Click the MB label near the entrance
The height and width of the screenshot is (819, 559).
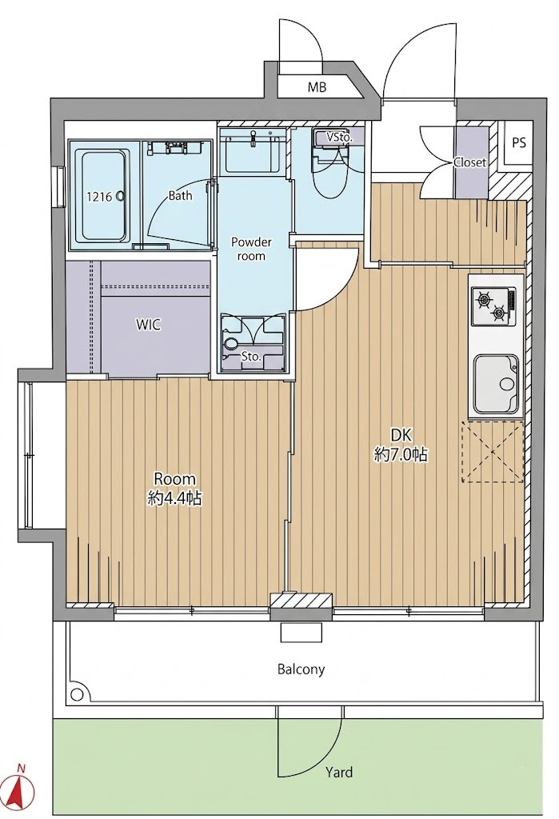[317, 87]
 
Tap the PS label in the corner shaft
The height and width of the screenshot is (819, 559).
[519, 142]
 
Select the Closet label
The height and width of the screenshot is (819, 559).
[469, 162]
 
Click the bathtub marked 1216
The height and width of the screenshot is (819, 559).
[103, 197]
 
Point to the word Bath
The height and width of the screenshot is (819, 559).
[180, 196]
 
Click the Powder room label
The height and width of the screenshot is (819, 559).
[251, 250]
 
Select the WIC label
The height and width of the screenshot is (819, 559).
[149, 325]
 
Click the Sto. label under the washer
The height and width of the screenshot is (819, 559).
[251, 358]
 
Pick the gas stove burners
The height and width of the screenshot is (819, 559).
[492, 306]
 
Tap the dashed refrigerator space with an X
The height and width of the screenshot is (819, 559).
[492, 452]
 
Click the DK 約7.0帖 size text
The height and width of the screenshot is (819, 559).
[401, 445]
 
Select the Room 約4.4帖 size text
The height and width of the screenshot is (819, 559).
[174, 489]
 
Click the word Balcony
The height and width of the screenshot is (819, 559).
[301, 669]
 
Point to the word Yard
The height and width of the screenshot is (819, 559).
[339, 772]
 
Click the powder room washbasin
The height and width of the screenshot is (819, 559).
[253, 152]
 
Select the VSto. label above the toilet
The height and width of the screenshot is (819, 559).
[340, 138]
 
